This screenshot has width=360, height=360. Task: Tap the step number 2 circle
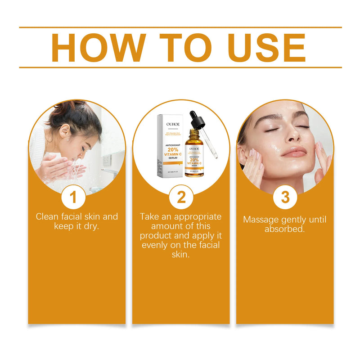181,197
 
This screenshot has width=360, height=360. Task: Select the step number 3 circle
285,197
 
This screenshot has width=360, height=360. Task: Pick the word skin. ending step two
180,254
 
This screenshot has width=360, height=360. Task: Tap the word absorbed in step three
284,229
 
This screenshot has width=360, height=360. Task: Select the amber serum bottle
194,155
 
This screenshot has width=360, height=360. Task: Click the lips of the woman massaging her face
294,153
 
